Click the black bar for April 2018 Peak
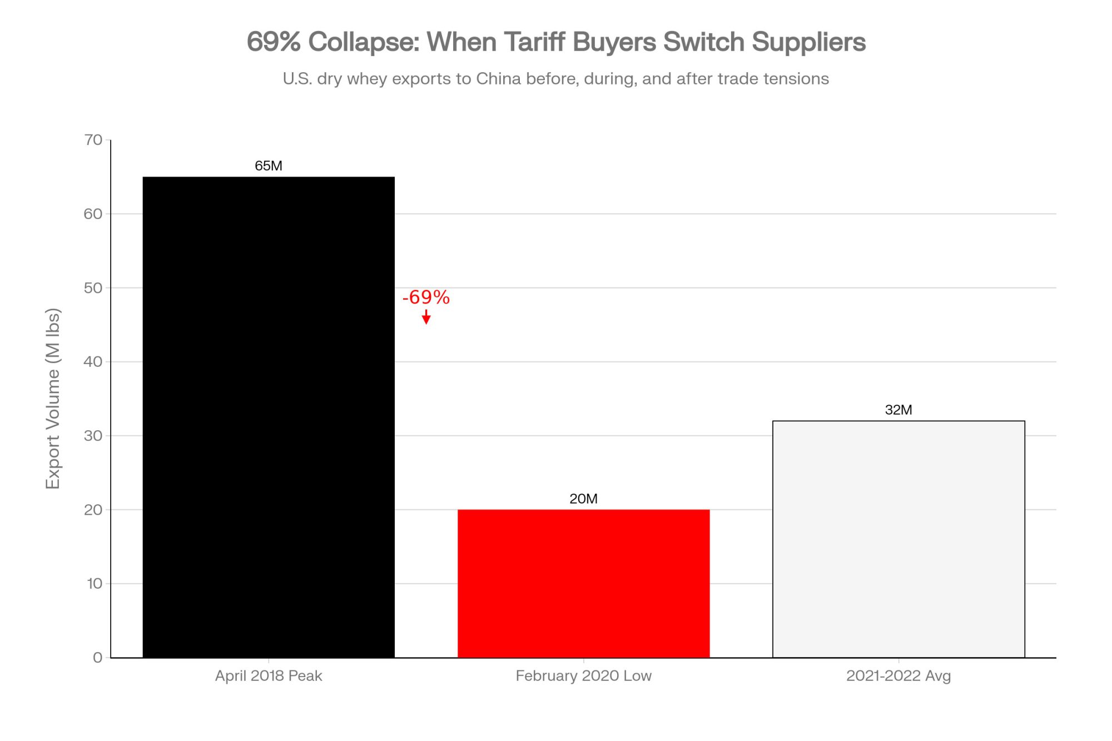[x=269, y=417]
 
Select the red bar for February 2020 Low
[x=583, y=583]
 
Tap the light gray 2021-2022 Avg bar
[x=898, y=539]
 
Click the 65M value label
[x=269, y=166]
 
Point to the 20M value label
[x=583, y=499]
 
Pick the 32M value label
[x=898, y=410]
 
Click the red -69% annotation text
[x=426, y=297]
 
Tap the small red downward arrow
[x=426, y=317]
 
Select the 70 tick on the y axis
[x=93, y=140]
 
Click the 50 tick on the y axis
[x=93, y=288]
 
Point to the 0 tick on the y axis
[x=98, y=658]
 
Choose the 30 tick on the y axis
[x=93, y=436]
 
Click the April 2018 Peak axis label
[x=269, y=676]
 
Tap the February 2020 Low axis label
[x=583, y=676]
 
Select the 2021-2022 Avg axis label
[x=898, y=676]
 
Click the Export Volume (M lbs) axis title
[x=53, y=398]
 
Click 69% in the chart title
[x=274, y=42]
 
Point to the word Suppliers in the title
[x=808, y=42]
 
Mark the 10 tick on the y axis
[x=94, y=584]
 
